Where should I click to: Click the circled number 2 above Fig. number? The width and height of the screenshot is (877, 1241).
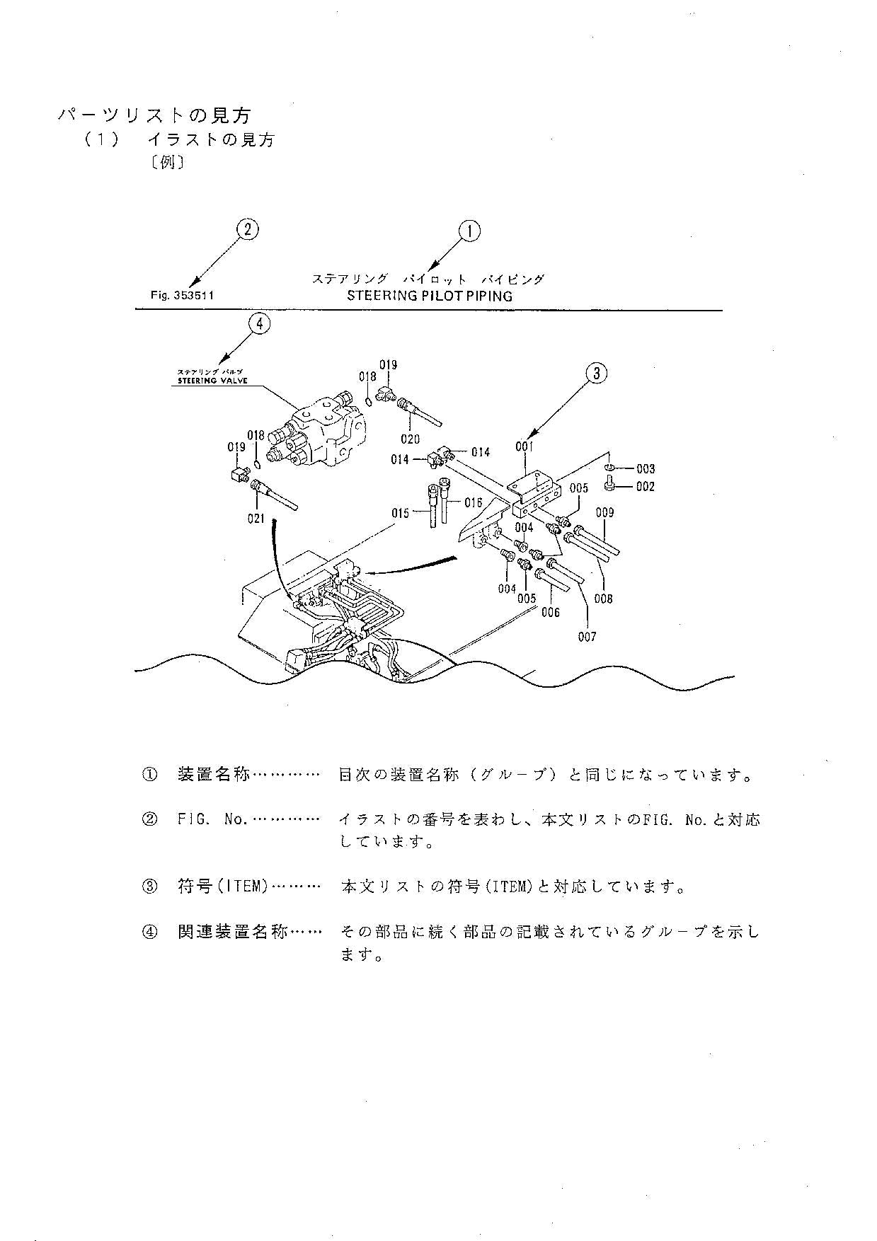(247, 229)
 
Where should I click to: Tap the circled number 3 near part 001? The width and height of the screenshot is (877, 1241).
(597, 374)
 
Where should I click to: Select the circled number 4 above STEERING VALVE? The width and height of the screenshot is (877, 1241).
(260, 324)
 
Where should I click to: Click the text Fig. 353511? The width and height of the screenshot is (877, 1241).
(182, 296)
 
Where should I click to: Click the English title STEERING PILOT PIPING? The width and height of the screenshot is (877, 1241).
(429, 296)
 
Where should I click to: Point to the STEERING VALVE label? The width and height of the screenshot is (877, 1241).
(212, 381)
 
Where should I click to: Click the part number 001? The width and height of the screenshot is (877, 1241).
(525, 446)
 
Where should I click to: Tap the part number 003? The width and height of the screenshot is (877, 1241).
(645, 468)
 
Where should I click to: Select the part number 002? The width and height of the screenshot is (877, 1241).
(645, 487)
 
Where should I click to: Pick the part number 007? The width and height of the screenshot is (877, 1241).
(587, 637)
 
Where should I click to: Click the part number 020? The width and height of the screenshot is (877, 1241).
(410, 439)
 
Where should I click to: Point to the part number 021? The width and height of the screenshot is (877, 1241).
(256, 519)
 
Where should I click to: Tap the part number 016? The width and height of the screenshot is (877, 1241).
(473, 503)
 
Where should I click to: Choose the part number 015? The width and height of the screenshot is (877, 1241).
(400, 512)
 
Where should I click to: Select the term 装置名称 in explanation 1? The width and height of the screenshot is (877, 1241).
(213, 775)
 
